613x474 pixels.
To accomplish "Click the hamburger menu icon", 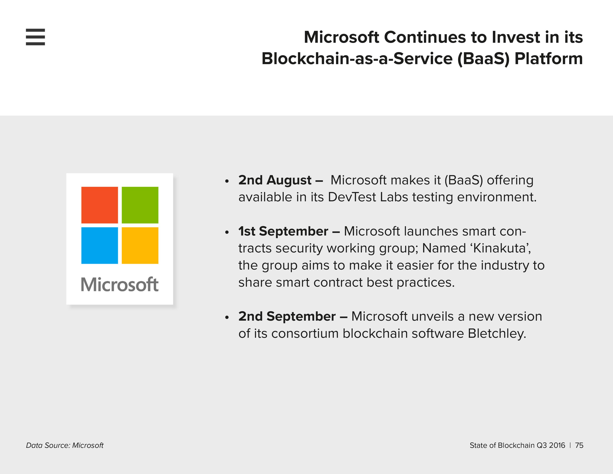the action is point(35,37).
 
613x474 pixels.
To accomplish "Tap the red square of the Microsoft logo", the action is point(100,205).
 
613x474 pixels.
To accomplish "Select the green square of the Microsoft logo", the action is point(140,205).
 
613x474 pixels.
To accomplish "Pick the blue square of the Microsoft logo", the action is point(100,245).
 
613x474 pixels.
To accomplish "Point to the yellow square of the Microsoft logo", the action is point(140,245).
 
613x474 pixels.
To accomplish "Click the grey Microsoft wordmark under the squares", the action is point(120,284).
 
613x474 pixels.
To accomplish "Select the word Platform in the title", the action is point(549,59).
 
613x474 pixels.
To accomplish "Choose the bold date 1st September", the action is point(283,232).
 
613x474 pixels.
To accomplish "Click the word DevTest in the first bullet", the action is point(352,197).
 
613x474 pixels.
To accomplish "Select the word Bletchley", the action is point(497,334).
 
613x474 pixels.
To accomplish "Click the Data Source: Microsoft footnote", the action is point(65,445).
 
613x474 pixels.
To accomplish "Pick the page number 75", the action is point(579,445).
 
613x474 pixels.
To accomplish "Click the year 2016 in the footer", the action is point(557,445).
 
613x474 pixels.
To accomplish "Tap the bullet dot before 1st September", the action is point(227,232).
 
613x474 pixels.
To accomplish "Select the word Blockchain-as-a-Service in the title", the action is point(357,59).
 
